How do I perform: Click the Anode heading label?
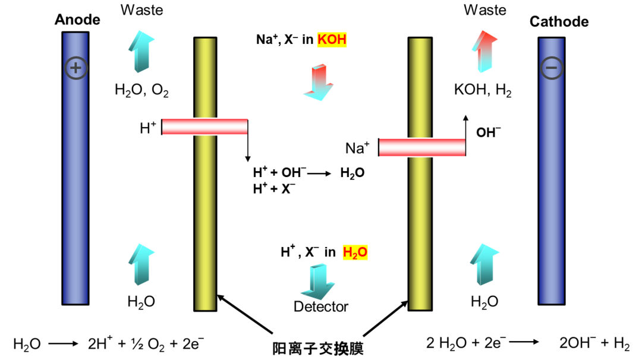click(77, 20)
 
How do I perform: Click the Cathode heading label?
click(559, 22)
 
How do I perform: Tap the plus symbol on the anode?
click(75, 68)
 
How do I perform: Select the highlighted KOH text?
click(332, 40)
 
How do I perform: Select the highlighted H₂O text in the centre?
click(355, 252)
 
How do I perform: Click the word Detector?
click(321, 307)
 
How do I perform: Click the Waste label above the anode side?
click(141, 10)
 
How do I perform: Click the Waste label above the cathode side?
click(485, 10)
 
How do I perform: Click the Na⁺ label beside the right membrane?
click(357, 147)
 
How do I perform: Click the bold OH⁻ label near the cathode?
click(489, 132)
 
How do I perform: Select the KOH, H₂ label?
click(483, 91)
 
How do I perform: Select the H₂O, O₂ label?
click(142, 90)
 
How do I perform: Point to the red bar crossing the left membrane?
click(204, 127)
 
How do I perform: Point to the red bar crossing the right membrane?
click(422, 147)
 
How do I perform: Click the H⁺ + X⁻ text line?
click(274, 188)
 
